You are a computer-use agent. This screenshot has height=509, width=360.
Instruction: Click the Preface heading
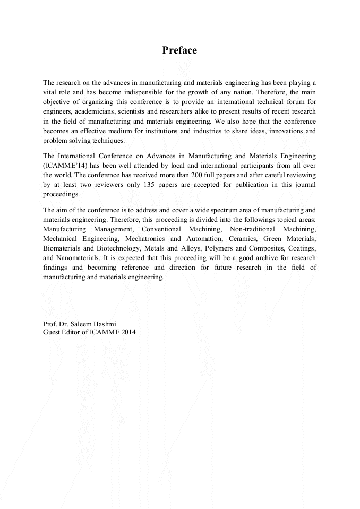(x=179, y=50)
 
